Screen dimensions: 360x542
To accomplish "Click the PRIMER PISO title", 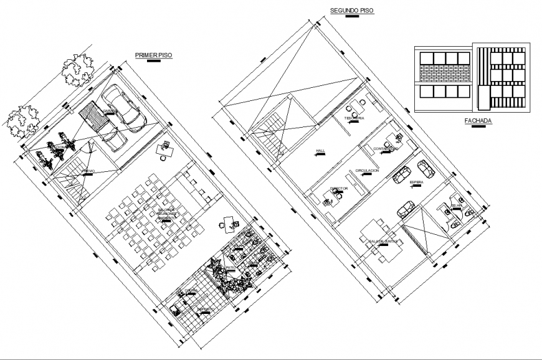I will [x=153, y=55].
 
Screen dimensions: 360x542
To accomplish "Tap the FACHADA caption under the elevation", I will [x=478, y=121].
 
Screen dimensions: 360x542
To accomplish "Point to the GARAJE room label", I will [x=110, y=111].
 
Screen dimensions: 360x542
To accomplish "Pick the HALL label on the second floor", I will [x=320, y=151].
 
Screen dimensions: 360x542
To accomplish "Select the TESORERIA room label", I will [x=354, y=118].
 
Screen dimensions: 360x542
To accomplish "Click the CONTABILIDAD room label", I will [x=386, y=148].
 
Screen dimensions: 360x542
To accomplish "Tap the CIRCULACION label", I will [x=367, y=170].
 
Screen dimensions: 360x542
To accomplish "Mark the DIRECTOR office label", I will [x=339, y=187].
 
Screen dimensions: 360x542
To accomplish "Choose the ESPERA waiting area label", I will [x=416, y=182].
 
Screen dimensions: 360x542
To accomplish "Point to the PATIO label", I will [x=229, y=268].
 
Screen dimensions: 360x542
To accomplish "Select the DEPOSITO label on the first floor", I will [x=206, y=309].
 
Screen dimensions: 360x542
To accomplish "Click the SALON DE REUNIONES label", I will [x=167, y=214].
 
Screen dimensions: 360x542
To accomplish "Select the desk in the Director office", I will [x=330, y=199].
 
